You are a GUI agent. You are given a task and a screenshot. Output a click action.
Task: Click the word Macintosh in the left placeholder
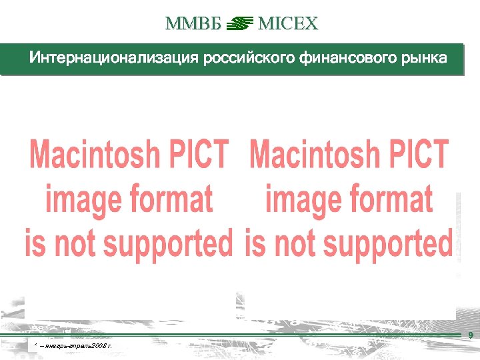pyautogui.click(x=95, y=155)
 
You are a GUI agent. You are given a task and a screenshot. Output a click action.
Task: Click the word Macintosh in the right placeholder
pyautogui.click(x=315, y=155)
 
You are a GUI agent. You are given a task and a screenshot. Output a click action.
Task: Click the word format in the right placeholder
pyautogui.click(x=391, y=199)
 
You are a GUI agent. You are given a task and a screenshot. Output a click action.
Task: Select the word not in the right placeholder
pyautogui.click(x=287, y=243)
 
